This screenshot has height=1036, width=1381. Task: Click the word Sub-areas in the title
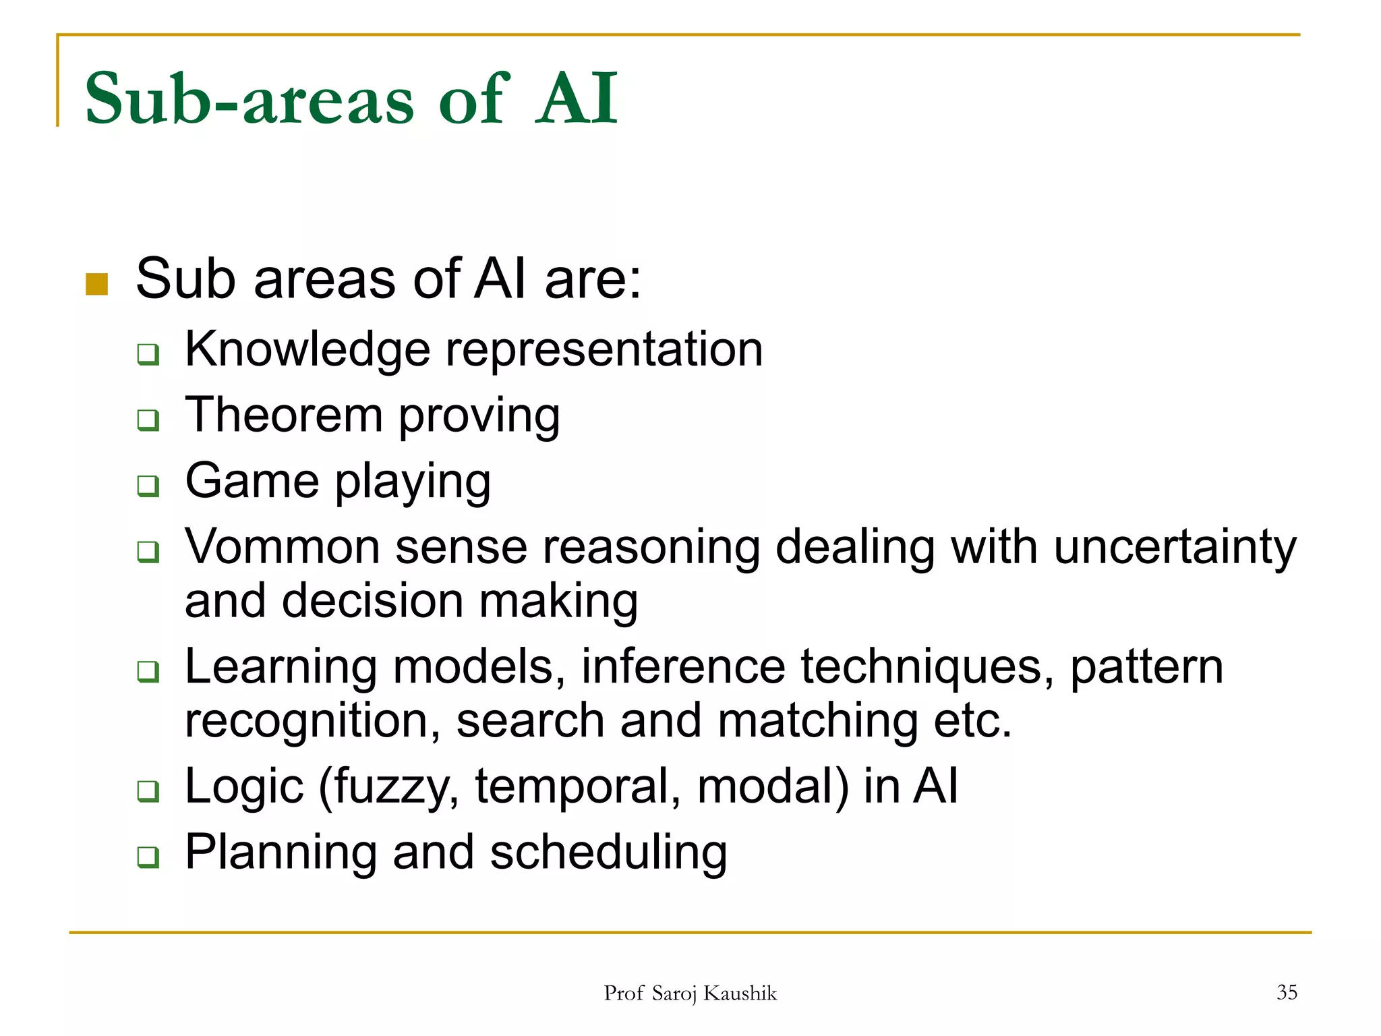coord(248,99)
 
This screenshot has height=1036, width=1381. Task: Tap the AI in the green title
coord(577,99)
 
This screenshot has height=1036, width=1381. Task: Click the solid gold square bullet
coord(97,284)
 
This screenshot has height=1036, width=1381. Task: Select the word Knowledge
coord(307,350)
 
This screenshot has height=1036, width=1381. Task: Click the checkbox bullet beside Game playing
coord(148,485)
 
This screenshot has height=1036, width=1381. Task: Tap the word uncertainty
coord(1174,548)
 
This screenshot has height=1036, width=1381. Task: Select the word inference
coord(683,667)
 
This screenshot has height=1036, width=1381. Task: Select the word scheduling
coord(608,853)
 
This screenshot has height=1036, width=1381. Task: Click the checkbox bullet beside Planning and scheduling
coord(148,857)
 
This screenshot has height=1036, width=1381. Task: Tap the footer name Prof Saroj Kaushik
coord(690,994)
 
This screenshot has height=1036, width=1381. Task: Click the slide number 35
coord(1287,992)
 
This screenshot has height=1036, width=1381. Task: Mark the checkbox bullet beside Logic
coord(148,790)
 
